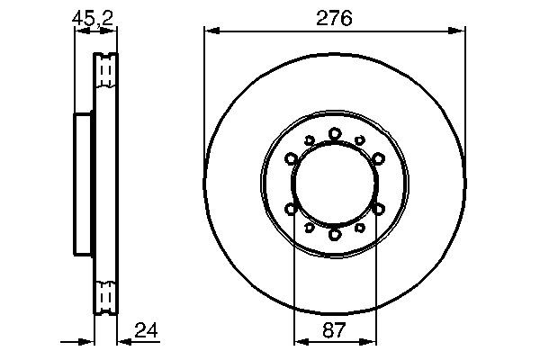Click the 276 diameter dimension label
point(335,17)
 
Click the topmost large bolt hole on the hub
point(335,133)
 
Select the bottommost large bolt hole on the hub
point(335,234)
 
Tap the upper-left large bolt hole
point(292,159)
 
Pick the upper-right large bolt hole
point(378,159)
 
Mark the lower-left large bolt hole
point(292,209)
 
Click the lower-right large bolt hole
point(378,209)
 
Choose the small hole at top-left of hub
point(310,140)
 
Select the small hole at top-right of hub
point(360,140)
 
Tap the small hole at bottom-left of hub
point(310,228)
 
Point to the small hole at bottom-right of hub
point(360,228)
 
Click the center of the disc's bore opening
point(335,184)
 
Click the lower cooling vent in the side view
point(106,295)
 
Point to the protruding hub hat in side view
point(83,183)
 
